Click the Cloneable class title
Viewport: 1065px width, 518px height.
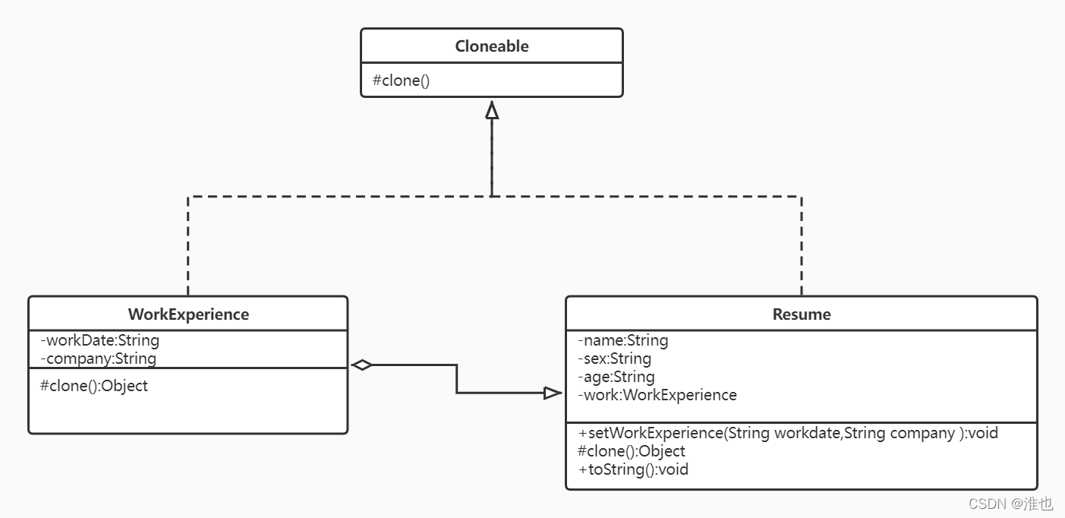(x=492, y=46)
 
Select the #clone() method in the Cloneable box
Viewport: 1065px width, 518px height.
(x=401, y=81)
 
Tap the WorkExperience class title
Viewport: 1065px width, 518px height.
(x=188, y=314)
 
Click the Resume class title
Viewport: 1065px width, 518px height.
(x=802, y=314)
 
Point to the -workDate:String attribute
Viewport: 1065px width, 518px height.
(x=100, y=340)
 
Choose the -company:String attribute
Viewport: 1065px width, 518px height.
(x=99, y=358)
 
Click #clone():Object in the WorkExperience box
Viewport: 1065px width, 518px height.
(x=93, y=386)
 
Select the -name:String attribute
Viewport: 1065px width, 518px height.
(x=623, y=340)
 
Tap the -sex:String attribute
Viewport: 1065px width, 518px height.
(x=614, y=358)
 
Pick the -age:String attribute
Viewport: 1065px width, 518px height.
(x=616, y=377)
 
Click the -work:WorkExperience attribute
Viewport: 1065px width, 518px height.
(x=657, y=395)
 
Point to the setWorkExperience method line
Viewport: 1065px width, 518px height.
(x=788, y=433)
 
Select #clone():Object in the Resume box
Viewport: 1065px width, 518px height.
(x=631, y=451)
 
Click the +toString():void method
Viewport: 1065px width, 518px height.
(x=633, y=469)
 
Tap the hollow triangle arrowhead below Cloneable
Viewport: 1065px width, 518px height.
(x=492, y=110)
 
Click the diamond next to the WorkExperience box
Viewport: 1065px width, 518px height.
(x=362, y=365)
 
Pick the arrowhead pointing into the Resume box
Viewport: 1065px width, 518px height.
(x=553, y=393)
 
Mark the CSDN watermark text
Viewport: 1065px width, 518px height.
(x=1011, y=504)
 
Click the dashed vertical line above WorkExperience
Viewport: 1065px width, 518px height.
(x=188, y=246)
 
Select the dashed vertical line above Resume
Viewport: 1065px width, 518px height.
(x=802, y=246)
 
